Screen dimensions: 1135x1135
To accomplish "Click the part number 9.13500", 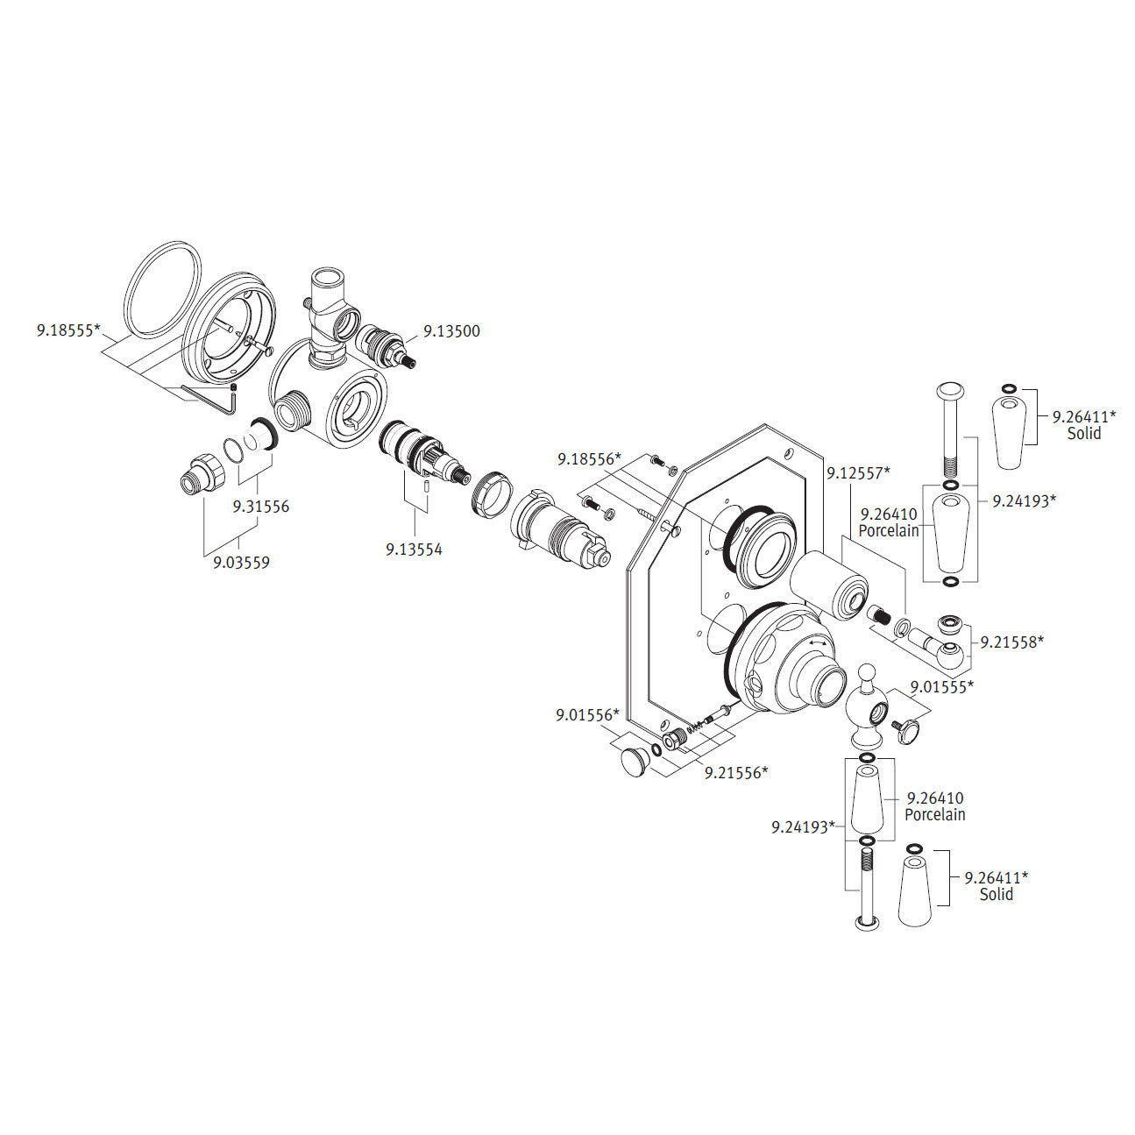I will [451, 331].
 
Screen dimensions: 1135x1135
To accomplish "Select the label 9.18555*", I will [68, 330].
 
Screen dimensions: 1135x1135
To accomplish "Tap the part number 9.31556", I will [260, 507].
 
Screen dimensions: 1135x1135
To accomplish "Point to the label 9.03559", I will [241, 563].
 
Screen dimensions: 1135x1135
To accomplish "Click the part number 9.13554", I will [414, 550].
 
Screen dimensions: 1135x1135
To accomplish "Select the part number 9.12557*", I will [858, 472].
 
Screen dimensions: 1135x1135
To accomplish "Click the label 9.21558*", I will [1012, 642].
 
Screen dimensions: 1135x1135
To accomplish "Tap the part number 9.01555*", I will [941, 687].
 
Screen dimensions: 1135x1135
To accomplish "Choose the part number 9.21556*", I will [736, 772].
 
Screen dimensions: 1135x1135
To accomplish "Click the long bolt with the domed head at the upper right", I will [950, 429].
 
